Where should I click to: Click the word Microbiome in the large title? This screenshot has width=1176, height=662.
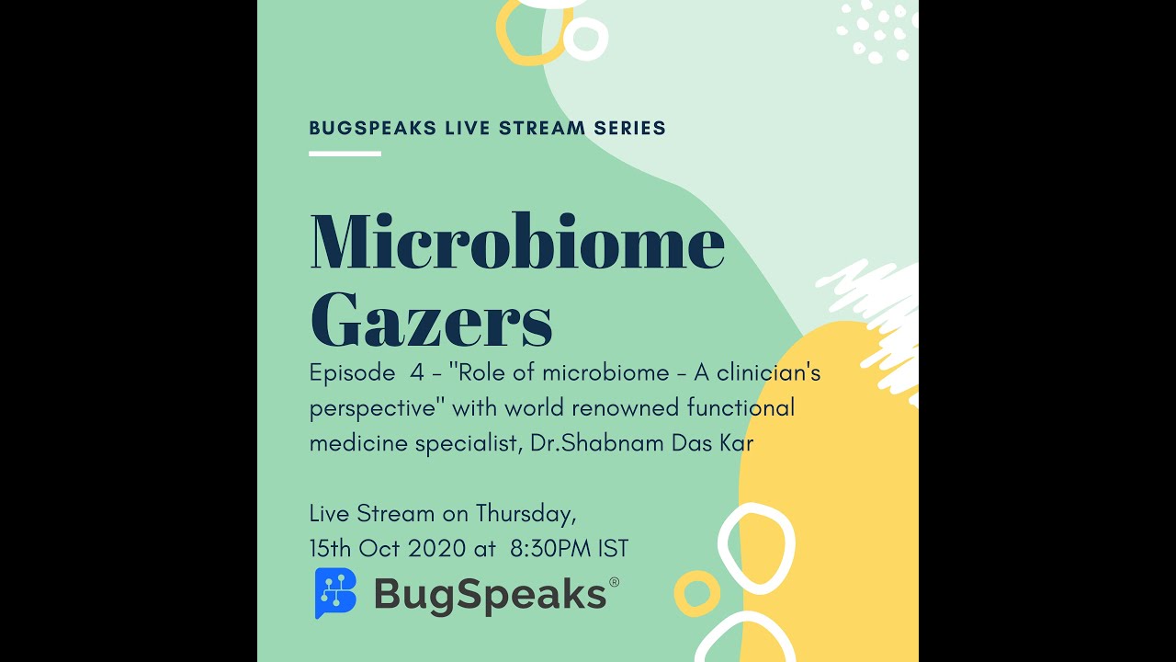pyautogui.click(x=517, y=242)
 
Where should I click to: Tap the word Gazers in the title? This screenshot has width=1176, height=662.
pyautogui.click(x=431, y=319)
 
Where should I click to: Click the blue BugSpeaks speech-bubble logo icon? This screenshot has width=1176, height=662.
pyautogui.click(x=335, y=593)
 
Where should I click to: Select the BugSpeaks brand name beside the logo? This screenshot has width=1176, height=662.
pyautogui.click(x=490, y=595)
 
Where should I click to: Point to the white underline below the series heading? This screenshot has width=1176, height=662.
pyautogui.click(x=345, y=154)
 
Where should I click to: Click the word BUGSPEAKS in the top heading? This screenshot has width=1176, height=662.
pyautogui.click(x=373, y=129)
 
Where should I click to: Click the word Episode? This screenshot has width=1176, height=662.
pyautogui.click(x=352, y=373)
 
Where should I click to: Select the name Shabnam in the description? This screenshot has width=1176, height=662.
pyautogui.click(x=605, y=443)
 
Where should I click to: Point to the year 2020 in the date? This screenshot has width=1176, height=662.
pyautogui.click(x=436, y=549)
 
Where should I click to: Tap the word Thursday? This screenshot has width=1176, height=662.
pyautogui.click(x=526, y=513)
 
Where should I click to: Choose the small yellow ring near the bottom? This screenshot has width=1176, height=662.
pyautogui.click(x=696, y=593)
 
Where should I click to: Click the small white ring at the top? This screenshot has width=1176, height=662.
pyautogui.click(x=585, y=39)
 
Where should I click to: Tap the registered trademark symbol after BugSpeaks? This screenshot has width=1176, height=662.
pyautogui.click(x=614, y=582)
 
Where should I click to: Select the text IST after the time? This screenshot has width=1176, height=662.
pyautogui.click(x=613, y=549)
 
